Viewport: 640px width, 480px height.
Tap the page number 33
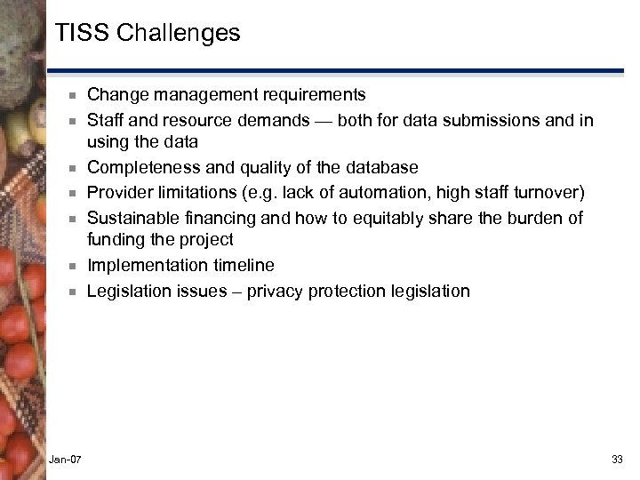pyautogui.click(x=618, y=458)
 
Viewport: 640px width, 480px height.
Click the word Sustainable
pyautogui.click(x=130, y=217)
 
